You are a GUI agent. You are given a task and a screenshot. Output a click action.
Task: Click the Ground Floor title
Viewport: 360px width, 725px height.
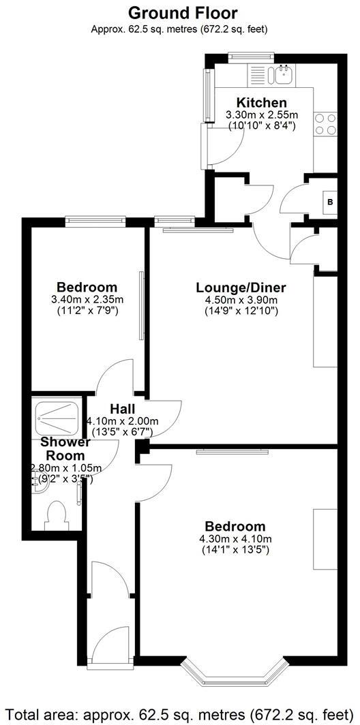point(183,12)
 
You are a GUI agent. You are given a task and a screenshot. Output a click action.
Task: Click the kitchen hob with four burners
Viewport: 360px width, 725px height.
point(325,124)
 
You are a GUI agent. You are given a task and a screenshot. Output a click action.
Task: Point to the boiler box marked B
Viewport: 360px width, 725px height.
point(330,202)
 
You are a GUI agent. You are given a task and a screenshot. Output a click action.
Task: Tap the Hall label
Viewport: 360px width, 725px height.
point(123,409)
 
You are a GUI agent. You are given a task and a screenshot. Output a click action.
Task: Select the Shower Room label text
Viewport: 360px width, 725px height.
point(63,448)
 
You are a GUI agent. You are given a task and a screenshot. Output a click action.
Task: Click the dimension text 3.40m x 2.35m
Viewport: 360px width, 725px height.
point(87,300)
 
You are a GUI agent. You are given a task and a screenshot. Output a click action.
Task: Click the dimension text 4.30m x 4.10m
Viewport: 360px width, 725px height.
point(235,539)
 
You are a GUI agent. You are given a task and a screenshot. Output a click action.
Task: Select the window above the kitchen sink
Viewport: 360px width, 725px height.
point(251,57)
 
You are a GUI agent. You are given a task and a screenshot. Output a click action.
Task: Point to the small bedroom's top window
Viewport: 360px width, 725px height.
point(95,220)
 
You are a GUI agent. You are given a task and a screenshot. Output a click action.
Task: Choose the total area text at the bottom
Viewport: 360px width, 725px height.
point(180,713)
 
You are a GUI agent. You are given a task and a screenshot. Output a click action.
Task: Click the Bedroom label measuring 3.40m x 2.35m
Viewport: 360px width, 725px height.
point(87,287)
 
